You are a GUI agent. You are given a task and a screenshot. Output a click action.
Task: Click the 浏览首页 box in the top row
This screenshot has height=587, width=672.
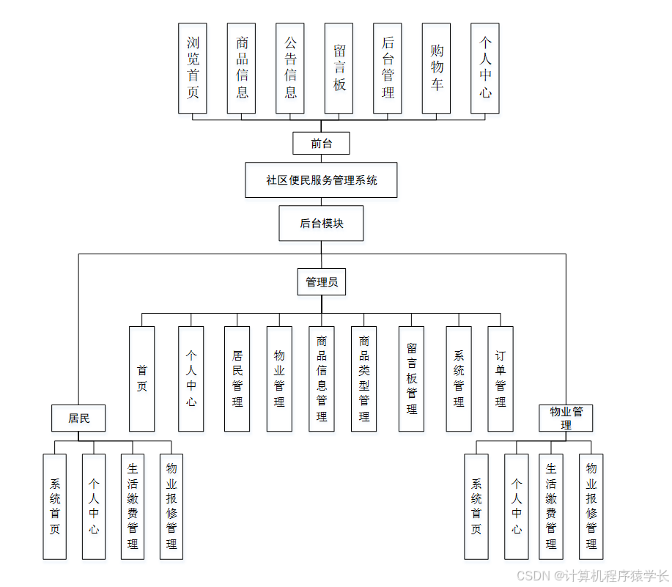[193, 67]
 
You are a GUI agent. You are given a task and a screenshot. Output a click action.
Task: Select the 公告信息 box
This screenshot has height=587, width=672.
[290, 67]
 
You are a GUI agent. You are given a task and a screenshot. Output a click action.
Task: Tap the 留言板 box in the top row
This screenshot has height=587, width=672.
[339, 67]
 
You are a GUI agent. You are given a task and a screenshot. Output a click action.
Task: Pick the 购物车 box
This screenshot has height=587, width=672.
[437, 67]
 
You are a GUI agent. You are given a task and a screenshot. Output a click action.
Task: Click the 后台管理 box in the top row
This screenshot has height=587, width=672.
[388, 67]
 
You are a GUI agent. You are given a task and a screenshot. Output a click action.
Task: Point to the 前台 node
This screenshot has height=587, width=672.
[321, 143]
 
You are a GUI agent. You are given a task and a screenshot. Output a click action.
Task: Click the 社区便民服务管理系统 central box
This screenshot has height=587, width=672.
[321, 180]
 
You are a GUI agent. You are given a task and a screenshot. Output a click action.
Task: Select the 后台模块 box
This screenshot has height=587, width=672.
[321, 224]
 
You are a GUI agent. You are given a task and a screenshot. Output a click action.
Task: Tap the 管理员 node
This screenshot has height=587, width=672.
[321, 281]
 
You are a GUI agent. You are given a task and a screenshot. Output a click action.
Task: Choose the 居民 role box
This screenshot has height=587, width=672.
[78, 418]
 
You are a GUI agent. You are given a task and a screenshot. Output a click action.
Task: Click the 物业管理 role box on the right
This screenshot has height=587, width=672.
[566, 418]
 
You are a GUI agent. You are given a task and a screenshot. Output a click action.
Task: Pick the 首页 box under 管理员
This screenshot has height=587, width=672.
[141, 378]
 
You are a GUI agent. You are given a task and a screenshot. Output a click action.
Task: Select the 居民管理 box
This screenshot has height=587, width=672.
[237, 378]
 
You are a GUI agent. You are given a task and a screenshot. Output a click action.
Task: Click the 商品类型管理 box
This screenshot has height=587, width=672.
[363, 378]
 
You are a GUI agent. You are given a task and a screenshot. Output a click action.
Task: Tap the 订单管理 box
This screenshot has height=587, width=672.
[501, 378]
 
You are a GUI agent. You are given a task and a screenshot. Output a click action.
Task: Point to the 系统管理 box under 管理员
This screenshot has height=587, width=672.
[459, 378]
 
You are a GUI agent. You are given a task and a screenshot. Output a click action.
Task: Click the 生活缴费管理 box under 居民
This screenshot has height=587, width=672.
[133, 506]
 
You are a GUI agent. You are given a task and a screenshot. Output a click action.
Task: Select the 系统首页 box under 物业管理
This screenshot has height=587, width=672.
[476, 506]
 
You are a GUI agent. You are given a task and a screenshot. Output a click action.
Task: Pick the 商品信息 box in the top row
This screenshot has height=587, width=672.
[242, 67]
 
